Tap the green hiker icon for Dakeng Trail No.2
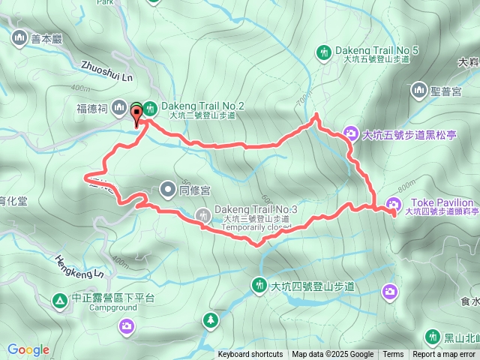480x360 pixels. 150,108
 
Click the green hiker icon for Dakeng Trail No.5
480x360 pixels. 323,52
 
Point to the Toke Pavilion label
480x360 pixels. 442,202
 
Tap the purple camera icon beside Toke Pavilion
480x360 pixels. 393,204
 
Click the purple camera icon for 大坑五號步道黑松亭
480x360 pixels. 350,135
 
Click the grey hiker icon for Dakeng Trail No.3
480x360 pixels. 202,216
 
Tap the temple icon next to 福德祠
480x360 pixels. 118,109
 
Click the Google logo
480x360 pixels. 28,349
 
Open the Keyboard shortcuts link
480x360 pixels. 250,355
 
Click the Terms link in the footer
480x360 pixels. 393,355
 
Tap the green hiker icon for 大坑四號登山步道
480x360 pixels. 259,285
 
